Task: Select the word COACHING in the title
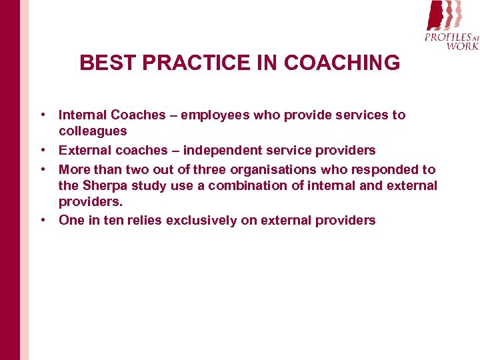pos(341,63)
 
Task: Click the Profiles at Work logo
pos(451,25)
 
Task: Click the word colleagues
pos(93,131)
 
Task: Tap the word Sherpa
pos(105,185)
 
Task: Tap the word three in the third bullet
pos(209,169)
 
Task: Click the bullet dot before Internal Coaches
pos(43,115)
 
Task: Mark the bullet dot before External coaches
pos(43,151)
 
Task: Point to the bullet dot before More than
pos(43,169)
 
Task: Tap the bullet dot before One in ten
pos(43,220)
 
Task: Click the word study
pos(151,185)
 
